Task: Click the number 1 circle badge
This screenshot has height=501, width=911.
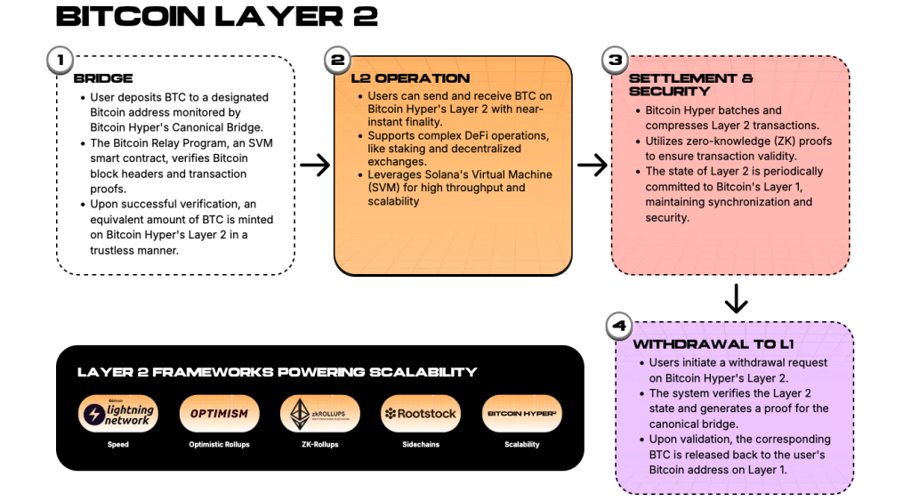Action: pyautogui.click(x=60, y=61)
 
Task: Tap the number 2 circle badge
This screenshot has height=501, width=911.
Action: pyautogui.click(x=337, y=61)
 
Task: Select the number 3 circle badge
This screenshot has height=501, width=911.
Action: pyautogui.click(x=615, y=61)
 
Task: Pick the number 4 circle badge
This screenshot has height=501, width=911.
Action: pyautogui.click(x=620, y=326)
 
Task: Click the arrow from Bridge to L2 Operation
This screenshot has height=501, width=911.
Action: pyautogui.click(x=314, y=165)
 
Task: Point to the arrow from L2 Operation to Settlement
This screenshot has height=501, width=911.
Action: pyautogui.click(x=592, y=165)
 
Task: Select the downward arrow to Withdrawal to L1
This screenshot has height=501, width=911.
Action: pyautogui.click(x=736, y=298)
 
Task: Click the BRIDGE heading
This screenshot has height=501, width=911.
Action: pyautogui.click(x=104, y=78)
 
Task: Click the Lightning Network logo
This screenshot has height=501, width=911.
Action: pyautogui.click(x=117, y=414)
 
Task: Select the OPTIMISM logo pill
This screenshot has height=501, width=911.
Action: pyautogui.click(x=219, y=414)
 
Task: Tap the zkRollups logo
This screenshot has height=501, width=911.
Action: pyautogui.click(x=320, y=414)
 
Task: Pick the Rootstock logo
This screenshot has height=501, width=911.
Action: pyautogui.click(x=421, y=414)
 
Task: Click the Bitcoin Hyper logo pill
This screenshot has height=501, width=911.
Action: pyautogui.click(x=522, y=414)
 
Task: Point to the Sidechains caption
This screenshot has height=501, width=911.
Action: pyautogui.click(x=421, y=444)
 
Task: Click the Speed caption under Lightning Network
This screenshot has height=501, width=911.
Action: pyautogui.click(x=117, y=444)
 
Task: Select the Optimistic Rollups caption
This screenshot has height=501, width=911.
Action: pyautogui.click(x=219, y=444)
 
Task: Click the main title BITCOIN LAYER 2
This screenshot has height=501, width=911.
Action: pyautogui.click(x=216, y=17)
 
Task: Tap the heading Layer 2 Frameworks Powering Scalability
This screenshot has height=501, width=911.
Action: pyautogui.click(x=277, y=372)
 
